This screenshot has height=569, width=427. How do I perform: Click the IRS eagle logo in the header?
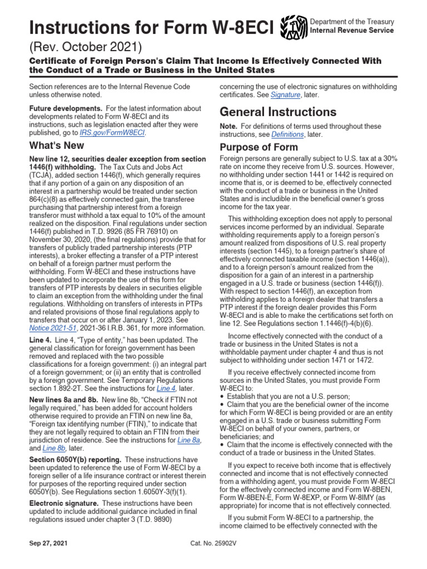click(293, 26)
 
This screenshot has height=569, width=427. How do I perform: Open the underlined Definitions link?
click(287, 134)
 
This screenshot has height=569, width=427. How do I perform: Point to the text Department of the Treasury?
click(352, 22)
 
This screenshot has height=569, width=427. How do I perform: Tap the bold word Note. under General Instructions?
click(229, 127)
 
